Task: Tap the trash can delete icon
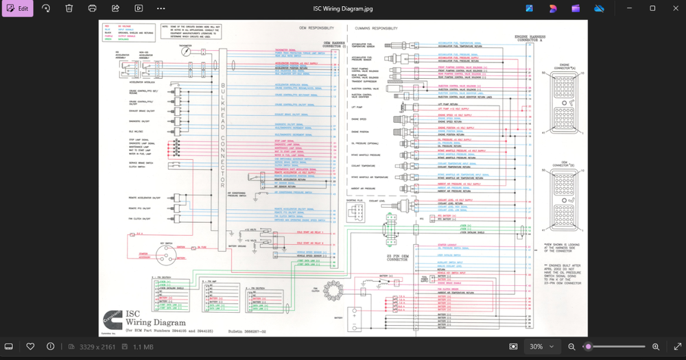69,8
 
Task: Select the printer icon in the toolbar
93,8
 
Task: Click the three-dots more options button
161,8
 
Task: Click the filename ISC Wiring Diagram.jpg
344,8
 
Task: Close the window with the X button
672,8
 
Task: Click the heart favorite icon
30,347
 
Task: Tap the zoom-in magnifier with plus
656,347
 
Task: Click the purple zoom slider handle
588,347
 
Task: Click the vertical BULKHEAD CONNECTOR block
222,137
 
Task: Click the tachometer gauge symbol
185,51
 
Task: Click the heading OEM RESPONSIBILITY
317,28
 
